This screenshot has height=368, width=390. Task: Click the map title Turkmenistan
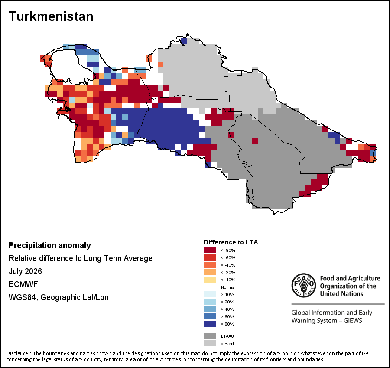point(51,16)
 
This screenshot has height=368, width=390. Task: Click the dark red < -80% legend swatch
point(210,250)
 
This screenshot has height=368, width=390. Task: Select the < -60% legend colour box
point(210,257)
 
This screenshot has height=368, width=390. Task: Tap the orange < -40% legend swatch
point(210,265)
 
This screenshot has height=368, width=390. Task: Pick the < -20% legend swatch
point(210,272)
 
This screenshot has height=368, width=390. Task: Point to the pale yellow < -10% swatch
point(210,280)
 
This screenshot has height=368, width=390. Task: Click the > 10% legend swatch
point(210,294)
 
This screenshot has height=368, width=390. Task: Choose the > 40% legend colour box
point(210,309)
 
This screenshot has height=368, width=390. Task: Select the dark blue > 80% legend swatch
point(210,324)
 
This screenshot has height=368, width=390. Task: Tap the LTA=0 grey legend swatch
point(210,336)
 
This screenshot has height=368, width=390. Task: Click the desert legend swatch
point(210,343)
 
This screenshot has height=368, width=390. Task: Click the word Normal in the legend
point(228,287)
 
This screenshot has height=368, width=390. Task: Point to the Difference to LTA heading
point(231,242)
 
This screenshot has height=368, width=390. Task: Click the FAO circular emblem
point(304,285)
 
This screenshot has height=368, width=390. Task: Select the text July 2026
point(25,271)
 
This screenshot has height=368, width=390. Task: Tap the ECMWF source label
point(23,284)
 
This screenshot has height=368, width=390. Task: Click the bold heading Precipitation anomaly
point(50,245)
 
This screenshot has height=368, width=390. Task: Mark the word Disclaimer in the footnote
point(19,353)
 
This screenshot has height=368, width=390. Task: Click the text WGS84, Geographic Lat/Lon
point(58,297)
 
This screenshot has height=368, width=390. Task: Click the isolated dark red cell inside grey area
point(255,141)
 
